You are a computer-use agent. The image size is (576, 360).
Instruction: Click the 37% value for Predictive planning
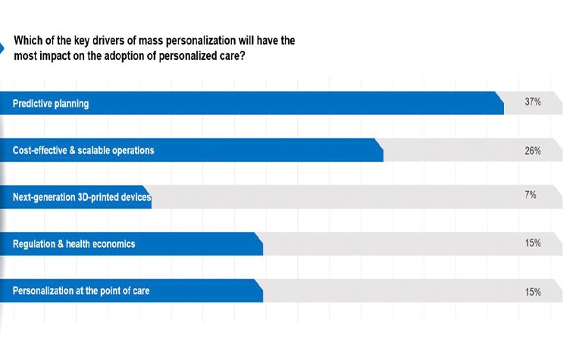[532, 102]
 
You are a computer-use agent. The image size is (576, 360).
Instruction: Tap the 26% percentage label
[532, 151]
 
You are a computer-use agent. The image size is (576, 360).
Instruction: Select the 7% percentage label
[531, 195]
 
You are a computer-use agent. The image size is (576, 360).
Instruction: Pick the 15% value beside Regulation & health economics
[532, 243]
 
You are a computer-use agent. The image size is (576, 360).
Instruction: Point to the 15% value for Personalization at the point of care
[532, 292]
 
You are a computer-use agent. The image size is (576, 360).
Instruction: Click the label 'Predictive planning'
[51, 104]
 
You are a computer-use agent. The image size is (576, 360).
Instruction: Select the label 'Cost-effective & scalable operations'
[83, 151]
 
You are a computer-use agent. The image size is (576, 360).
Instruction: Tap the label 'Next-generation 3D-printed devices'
[82, 197]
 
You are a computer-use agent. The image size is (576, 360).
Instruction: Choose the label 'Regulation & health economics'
[74, 244]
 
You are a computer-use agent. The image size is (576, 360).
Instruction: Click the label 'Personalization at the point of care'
[81, 290]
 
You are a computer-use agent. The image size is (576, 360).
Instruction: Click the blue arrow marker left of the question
[2, 49]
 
